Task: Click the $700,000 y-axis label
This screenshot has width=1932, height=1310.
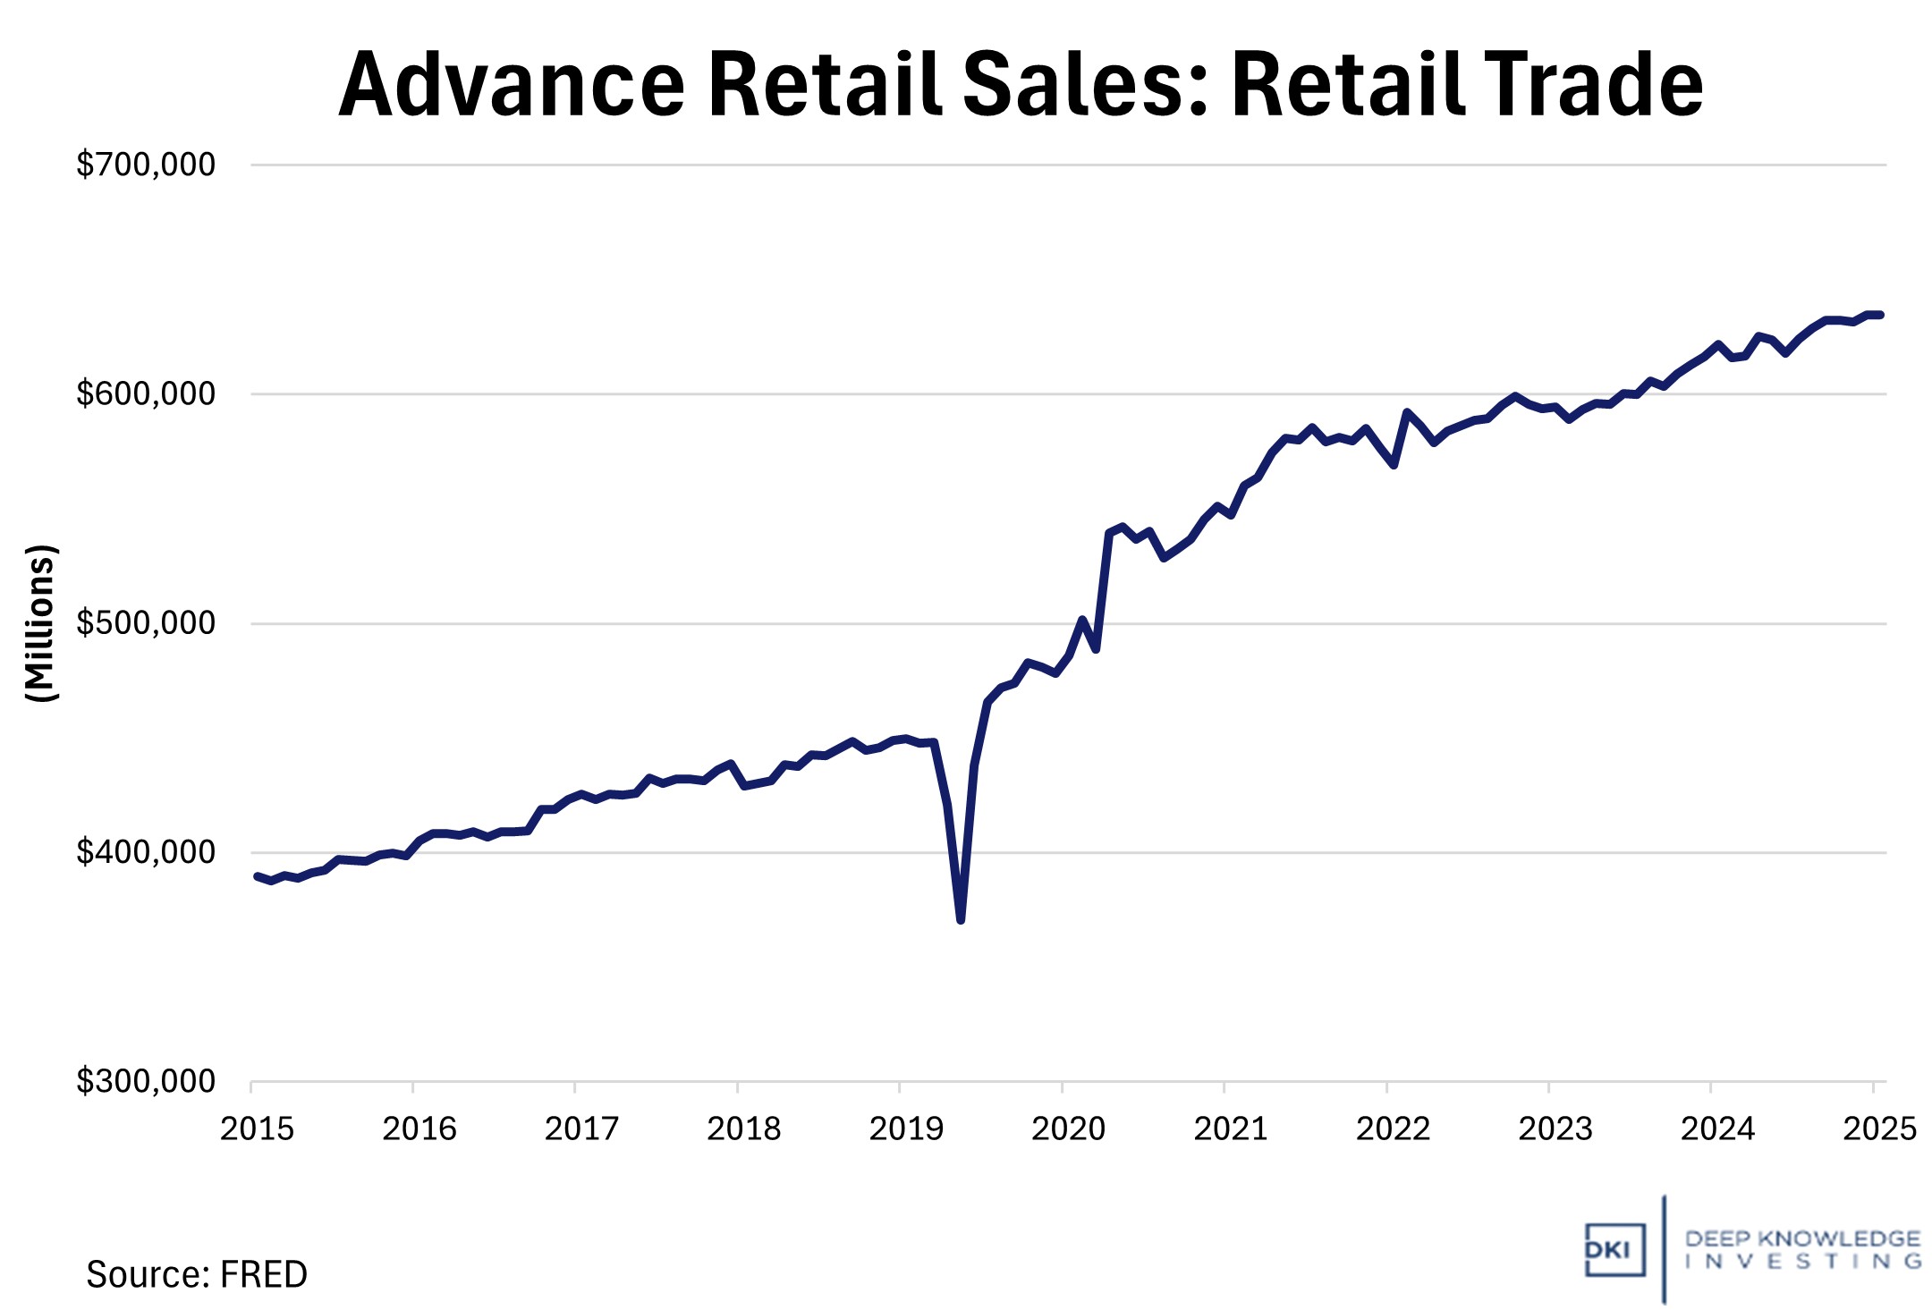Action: tap(146, 165)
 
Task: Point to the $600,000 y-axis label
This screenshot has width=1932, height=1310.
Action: tap(146, 393)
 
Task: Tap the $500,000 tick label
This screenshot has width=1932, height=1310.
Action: tap(146, 623)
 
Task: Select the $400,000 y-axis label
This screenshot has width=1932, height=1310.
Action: tap(146, 852)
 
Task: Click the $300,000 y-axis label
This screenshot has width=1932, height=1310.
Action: tap(146, 1082)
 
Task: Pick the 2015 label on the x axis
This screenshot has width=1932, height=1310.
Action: tap(257, 1129)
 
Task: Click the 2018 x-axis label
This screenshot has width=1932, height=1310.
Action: tap(743, 1129)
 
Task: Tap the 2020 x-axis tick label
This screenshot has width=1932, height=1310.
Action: tap(1068, 1129)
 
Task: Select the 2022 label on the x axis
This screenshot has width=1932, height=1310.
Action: tap(1393, 1129)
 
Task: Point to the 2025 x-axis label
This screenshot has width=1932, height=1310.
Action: tap(1879, 1129)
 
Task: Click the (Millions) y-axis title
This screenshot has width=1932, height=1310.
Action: tap(40, 623)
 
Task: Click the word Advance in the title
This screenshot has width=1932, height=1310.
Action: tap(512, 85)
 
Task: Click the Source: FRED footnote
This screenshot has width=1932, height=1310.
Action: tap(197, 1274)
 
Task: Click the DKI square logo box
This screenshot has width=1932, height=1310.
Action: tap(1614, 1249)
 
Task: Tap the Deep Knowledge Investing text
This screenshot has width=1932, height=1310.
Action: tap(1802, 1249)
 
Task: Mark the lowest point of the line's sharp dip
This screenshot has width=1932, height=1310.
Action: tap(961, 919)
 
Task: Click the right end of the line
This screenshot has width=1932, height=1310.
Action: tap(1881, 315)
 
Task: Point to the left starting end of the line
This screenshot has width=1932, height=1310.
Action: tap(257, 876)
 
